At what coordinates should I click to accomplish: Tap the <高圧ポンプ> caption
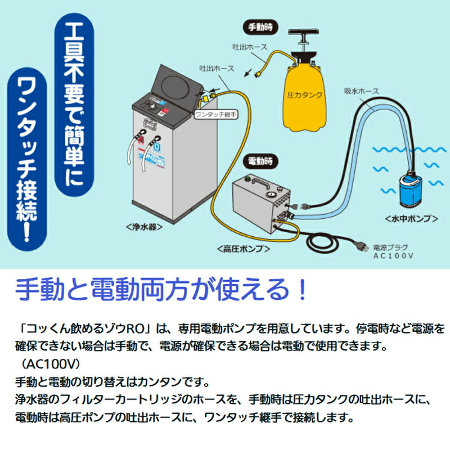243,247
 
